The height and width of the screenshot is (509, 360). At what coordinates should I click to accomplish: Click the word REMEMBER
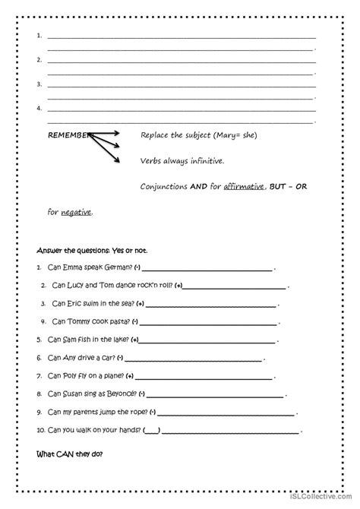pos(69,134)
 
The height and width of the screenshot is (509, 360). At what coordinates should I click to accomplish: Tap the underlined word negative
pos(76,212)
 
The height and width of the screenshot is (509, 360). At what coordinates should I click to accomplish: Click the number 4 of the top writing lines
pos(38,108)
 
